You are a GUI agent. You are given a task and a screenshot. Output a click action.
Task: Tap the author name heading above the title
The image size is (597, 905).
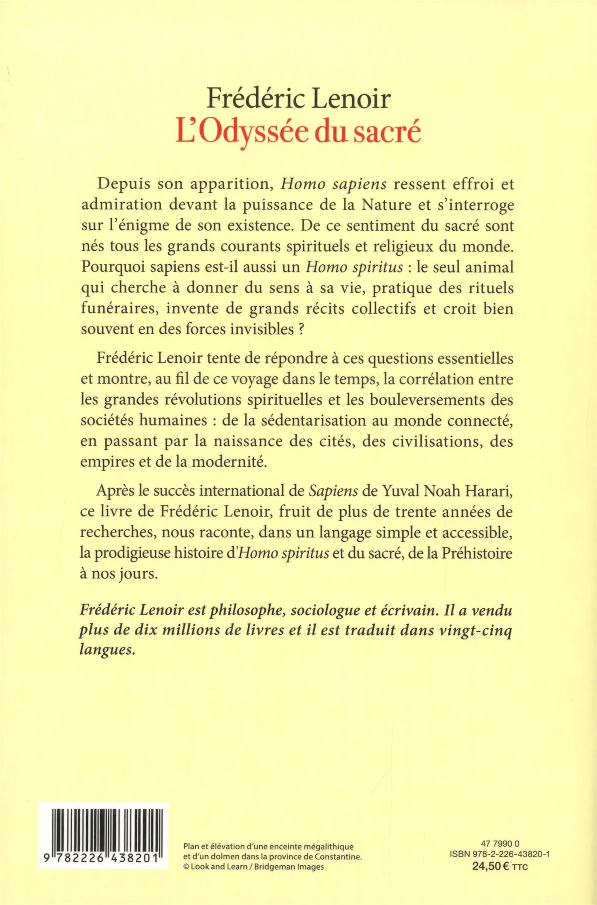[298, 99]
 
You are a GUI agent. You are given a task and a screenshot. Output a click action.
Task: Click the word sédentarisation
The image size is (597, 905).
[302, 420]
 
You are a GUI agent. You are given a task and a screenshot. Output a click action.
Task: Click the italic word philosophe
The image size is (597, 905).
[243, 611]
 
